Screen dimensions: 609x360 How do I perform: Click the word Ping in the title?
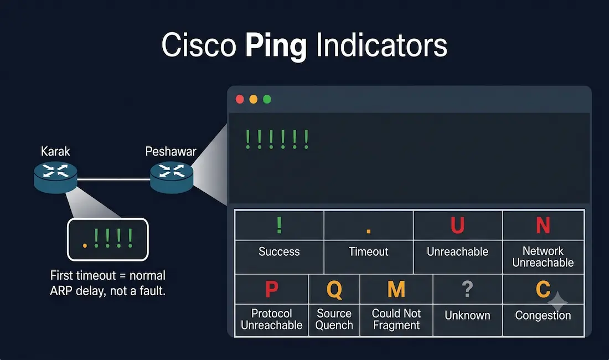[276, 46]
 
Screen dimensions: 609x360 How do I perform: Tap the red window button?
[240, 100]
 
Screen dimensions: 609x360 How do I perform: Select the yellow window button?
[253, 100]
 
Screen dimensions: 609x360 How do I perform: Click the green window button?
[267, 100]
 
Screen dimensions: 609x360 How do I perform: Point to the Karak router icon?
[55, 177]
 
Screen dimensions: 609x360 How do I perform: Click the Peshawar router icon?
[172, 177]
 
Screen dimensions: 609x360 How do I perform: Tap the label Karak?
[55, 151]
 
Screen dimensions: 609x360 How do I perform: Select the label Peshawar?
[171, 151]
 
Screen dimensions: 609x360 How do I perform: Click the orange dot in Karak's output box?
[85, 246]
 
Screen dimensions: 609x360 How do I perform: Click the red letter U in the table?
[457, 225]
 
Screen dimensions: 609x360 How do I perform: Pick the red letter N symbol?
[543, 225]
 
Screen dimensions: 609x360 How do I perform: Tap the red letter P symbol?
[272, 289]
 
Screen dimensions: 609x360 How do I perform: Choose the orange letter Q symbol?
[334, 290]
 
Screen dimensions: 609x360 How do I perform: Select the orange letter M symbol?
[396, 289]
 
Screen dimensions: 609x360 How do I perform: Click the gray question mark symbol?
[467, 289]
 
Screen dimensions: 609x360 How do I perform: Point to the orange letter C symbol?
[543, 289]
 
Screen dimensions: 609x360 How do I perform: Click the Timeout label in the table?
[369, 251]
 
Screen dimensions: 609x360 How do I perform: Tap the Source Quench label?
[334, 319]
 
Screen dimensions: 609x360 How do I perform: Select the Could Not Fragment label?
[396, 319]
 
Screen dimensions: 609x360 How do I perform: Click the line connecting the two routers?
[113, 179]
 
